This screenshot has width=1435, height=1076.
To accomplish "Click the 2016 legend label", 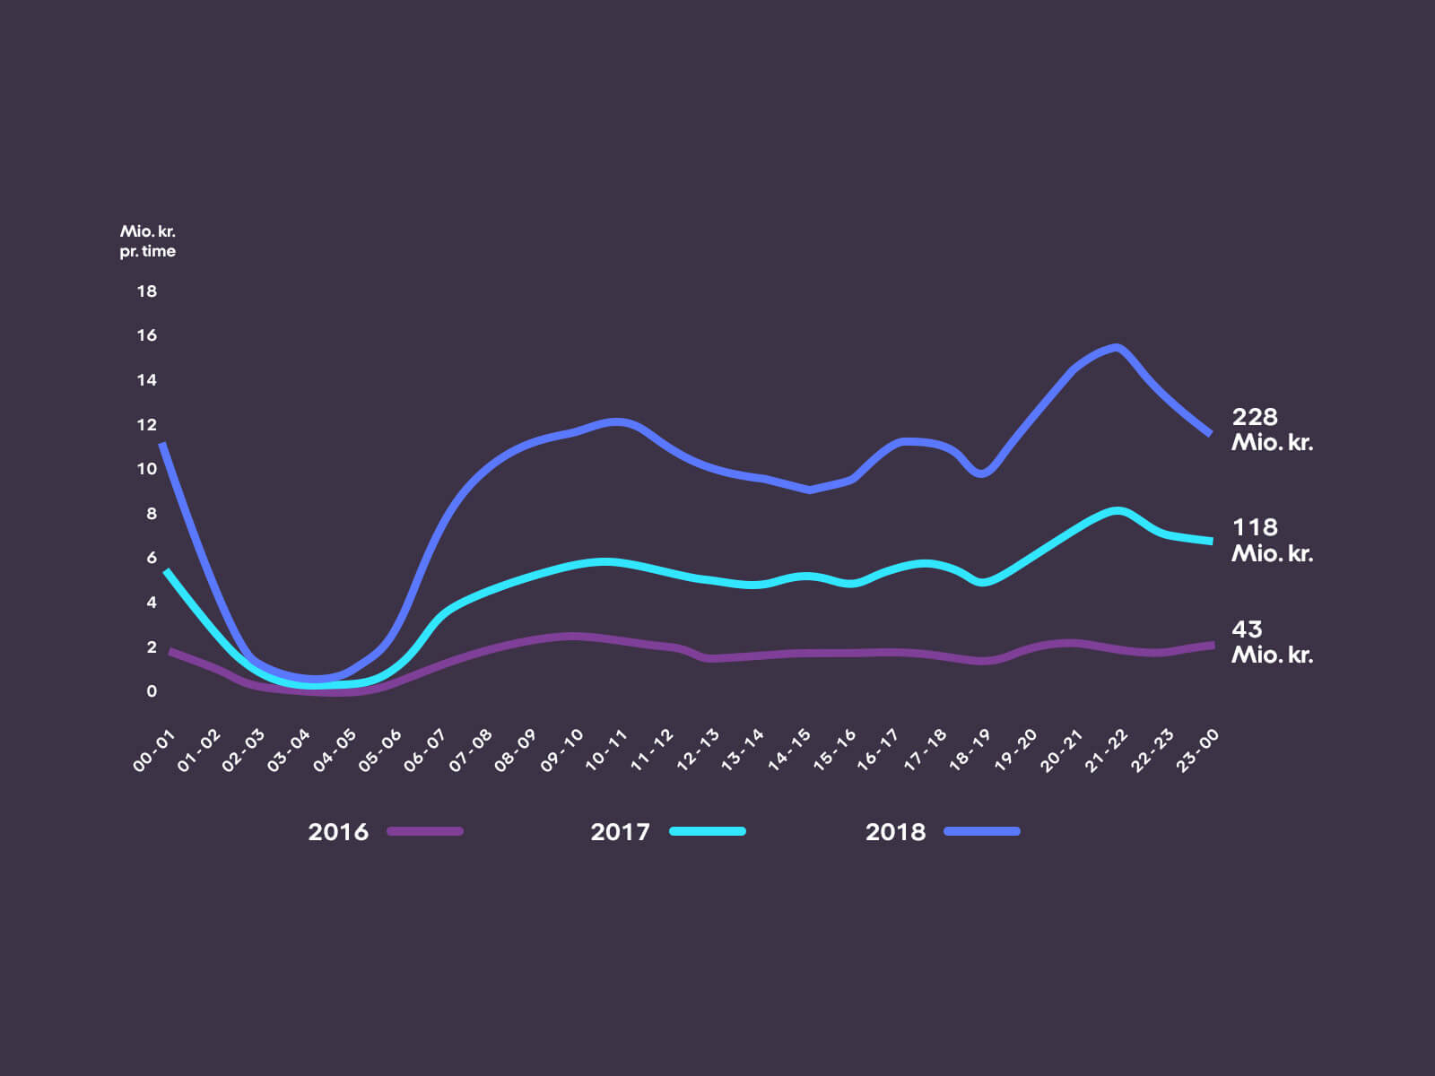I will pos(338,832).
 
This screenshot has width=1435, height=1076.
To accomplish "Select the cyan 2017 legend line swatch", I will pos(708,831).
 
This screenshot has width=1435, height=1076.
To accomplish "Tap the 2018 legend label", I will pos(895,832).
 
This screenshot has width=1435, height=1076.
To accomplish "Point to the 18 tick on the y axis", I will pos(146,291).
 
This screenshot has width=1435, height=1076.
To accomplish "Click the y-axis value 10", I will pos(146,469).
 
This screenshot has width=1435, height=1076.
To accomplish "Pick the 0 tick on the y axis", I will pos(152,691).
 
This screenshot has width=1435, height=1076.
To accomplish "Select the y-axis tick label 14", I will pos(146,380).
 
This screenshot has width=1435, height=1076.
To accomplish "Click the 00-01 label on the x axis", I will pos(153,751).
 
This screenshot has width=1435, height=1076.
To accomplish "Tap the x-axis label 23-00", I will pos(1197,751).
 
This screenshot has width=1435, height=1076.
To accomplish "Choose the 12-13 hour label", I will pos(698,751).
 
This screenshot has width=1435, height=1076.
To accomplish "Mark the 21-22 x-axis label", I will pos(1107,751).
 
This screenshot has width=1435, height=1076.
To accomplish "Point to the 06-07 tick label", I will pos(425,751).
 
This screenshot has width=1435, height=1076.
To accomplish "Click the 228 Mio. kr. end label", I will pos(1272,430).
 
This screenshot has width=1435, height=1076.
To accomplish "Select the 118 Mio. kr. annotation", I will pos(1272,540).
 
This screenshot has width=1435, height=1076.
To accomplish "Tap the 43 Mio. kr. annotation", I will pos(1272,642).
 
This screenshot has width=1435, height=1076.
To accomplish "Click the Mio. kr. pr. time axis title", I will pos(148,241).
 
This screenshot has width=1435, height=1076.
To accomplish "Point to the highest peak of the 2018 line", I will pos(1116,347).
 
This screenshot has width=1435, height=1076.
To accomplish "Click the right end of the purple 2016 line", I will pos(1212,645).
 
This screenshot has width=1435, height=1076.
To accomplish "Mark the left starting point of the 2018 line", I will pos(161,444).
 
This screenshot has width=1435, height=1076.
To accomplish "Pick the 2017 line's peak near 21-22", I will pos(1117,511).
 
